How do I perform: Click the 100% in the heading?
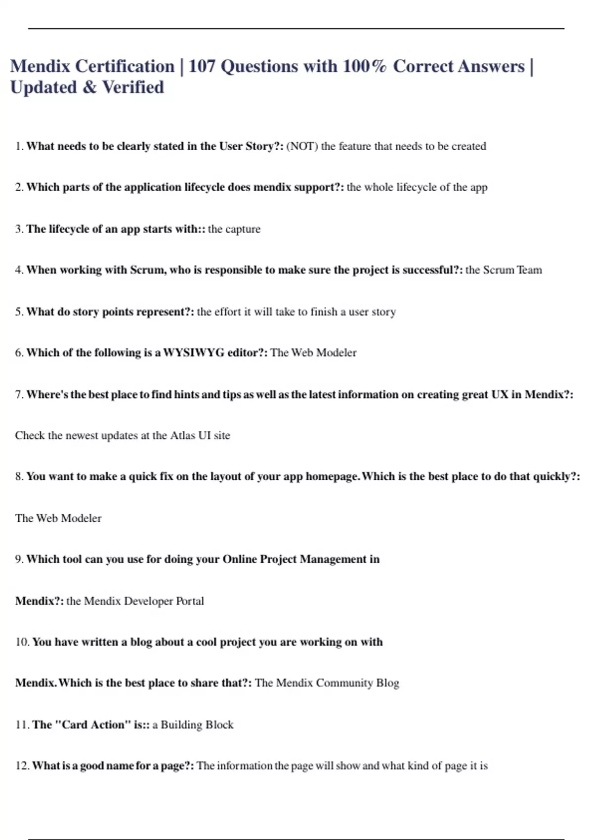[x=365, y=66]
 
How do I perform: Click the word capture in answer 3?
[x=243, y=229]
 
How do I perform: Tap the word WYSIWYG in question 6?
[x=193, y=353]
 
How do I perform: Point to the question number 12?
[x=22, y=766]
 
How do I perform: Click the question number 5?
[x=19, y=312]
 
